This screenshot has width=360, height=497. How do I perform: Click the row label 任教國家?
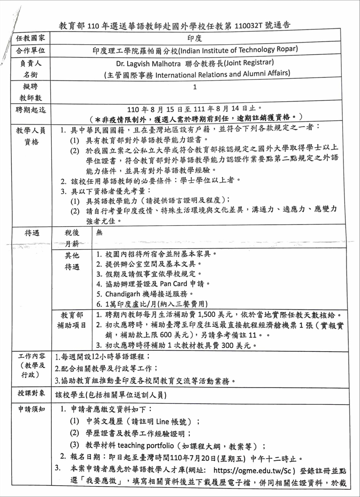tap(31, 38)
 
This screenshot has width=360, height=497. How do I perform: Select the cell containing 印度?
tap(194, 38)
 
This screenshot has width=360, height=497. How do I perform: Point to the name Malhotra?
tap(166, 64)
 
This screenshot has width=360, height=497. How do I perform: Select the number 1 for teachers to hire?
tap(195, 87)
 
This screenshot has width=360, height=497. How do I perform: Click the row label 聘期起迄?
tap(31, 110)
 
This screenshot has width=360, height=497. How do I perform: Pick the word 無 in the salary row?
tap(99, 232)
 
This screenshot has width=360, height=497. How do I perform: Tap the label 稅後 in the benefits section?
tap(72, 233)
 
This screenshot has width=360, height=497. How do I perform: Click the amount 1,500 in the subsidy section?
tap(207, 314)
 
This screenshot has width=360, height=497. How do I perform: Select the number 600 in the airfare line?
tap(166, 335)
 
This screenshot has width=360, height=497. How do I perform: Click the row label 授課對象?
tap(31, 393)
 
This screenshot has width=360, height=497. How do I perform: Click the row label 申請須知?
tap(31, 409)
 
